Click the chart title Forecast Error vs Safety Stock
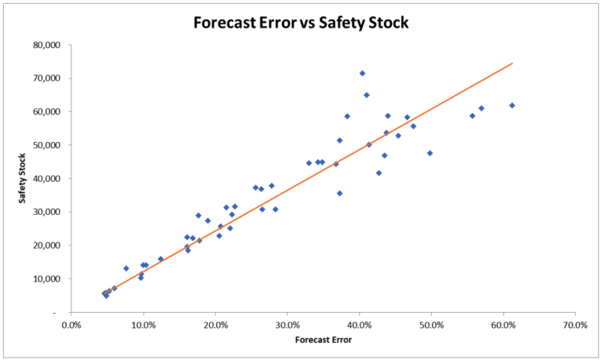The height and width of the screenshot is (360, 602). pyautogui.click(x=302, y=22)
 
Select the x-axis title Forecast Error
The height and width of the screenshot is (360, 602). pyautogui.click(x=322, y=340)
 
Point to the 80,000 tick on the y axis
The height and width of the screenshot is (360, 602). pyautogui.click(x=49, y=45)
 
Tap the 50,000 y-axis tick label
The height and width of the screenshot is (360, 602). pyautogui.click(x=49, y=145)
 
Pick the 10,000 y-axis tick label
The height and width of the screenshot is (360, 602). pyautogui.click(x=49, y=279)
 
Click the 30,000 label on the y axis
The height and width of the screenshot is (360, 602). pyautogui.click(x=49, y=212)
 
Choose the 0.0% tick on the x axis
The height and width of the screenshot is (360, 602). pyautogui.click(x=71, y=324)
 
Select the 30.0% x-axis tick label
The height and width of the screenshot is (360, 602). pyautogui.click(x=287, y=324)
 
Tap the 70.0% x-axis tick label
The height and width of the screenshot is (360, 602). pyautogui.click(x=575, y=324)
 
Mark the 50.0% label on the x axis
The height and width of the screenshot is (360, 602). pyautogui.click(x=430, y=324)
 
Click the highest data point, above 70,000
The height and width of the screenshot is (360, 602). pyautogui.click(x=362, y=73)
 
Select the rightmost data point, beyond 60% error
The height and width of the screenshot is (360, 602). pyautogui.click(x=512, y=105)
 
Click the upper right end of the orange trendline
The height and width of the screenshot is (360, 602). pyautogui.click(x=512, y=64)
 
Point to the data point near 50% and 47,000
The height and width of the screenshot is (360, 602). pyautogui.click(x=430, y=153)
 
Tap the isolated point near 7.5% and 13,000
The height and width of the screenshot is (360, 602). pyautogui.click(x=125, y=268)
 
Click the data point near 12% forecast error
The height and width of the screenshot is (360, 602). pyautogui.click(x=161, y=259)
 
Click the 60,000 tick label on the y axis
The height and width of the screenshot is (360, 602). pyautogui.click(x=49, y=111)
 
